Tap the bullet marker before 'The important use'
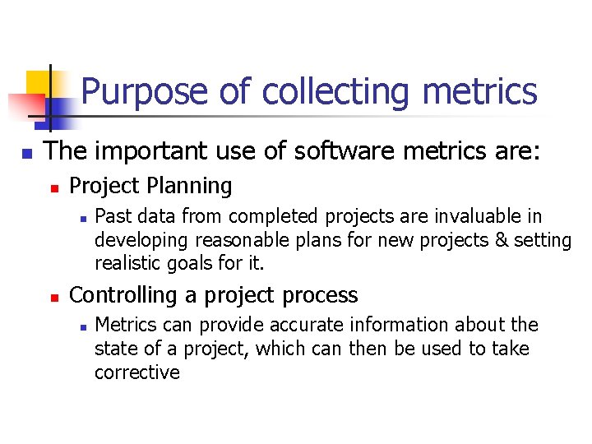(x=26, y=153)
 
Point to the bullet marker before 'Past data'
(x=80, y=219)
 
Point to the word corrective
(x=136, y=372)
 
